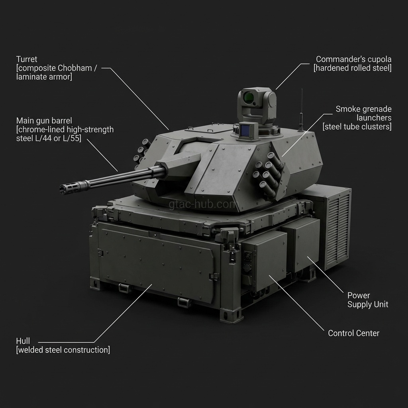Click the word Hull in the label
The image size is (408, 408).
click(23, 341)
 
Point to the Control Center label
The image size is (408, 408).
click(353, 333)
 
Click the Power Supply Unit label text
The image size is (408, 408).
click(367, 300)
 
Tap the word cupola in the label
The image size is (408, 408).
click(379, 59)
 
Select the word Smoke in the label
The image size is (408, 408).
click(347, 109)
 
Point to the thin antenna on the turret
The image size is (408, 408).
click(301, 108)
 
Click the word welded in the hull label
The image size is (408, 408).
click(31, 350)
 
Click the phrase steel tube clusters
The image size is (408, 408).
click(357, 127)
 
